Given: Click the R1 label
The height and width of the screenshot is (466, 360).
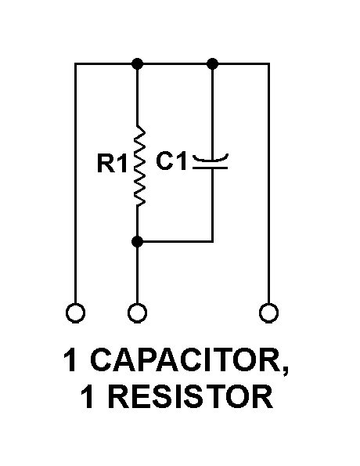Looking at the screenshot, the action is (x=112, y=163).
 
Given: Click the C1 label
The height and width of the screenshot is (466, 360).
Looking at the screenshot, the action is (x=171, y=161).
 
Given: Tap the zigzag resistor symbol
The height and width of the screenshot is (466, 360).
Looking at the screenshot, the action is (x=139, y=165).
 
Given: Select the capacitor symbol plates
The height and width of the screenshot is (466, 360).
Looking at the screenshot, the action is (x=211, y=161).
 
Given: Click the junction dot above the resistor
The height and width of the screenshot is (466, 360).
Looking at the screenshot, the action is (x=137, y=63).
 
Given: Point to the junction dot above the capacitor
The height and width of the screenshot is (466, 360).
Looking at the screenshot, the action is (x=212, y=63).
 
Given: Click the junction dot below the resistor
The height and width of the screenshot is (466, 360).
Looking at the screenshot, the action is (x=137, y=241).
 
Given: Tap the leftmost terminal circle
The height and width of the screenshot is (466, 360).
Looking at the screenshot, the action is (x=75, y=313).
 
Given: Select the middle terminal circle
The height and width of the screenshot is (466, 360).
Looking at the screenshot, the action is (x=137, y=313).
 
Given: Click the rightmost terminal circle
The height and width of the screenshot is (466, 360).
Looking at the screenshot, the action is (x=268, y=313).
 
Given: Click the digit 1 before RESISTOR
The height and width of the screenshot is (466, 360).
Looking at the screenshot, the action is (x=88, y=397).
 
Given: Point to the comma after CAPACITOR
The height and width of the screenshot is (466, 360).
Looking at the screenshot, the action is (x=285, y=370).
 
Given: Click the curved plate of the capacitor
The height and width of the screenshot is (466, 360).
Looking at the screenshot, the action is (x=211, y=160).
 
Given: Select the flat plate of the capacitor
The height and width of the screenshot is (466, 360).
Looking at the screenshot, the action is (x=211, y=168).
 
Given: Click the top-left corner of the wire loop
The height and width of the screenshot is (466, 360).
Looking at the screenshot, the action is (x=75, y=63).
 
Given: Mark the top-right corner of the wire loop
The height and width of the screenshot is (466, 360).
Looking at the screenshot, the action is (x=268, y=63).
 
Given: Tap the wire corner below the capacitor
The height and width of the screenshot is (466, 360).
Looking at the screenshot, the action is (x=212, y=241).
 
